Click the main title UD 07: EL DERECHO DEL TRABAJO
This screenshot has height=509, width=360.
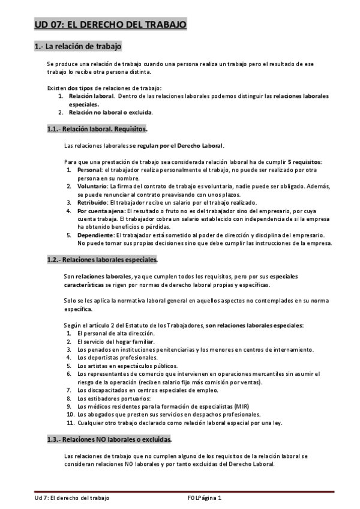[110, 25]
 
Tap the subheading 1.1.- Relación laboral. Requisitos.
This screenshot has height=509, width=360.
[97, 128]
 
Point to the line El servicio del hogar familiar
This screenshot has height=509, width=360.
[116, 342]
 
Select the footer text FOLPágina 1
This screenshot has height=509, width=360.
[205, 498]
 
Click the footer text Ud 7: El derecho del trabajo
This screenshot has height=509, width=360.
[71, 498]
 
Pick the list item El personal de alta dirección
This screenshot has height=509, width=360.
[116, 333]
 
